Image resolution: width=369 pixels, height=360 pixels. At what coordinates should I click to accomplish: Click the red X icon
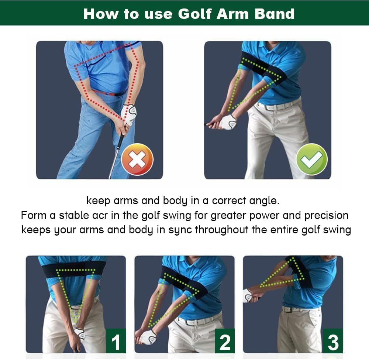coord(137,160)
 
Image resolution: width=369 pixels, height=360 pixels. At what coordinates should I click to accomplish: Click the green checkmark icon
coord(311,159)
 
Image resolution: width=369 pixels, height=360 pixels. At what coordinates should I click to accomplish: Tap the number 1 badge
coord(116,342)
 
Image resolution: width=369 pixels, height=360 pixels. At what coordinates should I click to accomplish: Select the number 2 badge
coord(225,342)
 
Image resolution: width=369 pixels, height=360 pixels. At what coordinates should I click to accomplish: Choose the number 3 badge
coord(333,342)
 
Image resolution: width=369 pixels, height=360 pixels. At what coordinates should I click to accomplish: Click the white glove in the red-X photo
coord(129,113)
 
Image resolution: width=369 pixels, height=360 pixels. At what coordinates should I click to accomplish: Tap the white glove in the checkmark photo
coord(228,122)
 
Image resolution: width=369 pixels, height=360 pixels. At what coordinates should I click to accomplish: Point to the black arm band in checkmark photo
coord(263,68)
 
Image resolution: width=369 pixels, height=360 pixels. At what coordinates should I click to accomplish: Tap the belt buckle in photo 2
coord(191,322)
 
